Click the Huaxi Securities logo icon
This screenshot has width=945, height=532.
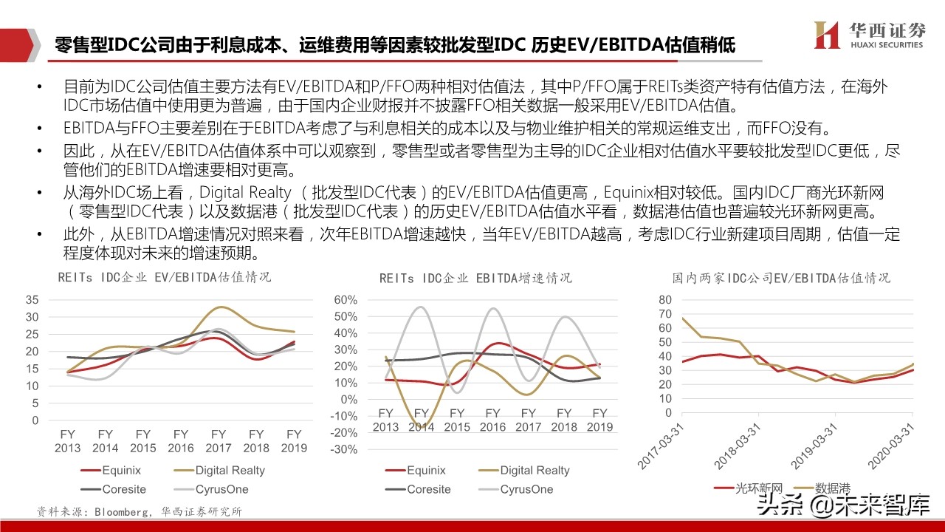click(825, 35)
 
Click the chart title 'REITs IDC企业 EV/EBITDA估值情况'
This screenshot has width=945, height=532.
click(165, 278)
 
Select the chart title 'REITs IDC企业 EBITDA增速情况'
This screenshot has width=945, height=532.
click(475, 278)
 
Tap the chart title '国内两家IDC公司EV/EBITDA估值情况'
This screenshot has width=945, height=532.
click(781, 278)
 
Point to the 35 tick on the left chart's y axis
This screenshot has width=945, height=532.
click(32, 300)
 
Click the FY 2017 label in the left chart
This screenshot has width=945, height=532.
click(218, 440)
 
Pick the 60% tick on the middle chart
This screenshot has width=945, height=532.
click(346, 300)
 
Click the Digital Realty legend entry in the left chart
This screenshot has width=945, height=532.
click(230, 470)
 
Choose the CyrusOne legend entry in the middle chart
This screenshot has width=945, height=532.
click(526, 489)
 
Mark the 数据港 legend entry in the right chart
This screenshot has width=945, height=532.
click(832, 488)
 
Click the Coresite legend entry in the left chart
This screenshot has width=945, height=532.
click(124, 489)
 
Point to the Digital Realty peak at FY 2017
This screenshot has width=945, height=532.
click(219, 307)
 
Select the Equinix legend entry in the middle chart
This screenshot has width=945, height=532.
click(426, 470)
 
